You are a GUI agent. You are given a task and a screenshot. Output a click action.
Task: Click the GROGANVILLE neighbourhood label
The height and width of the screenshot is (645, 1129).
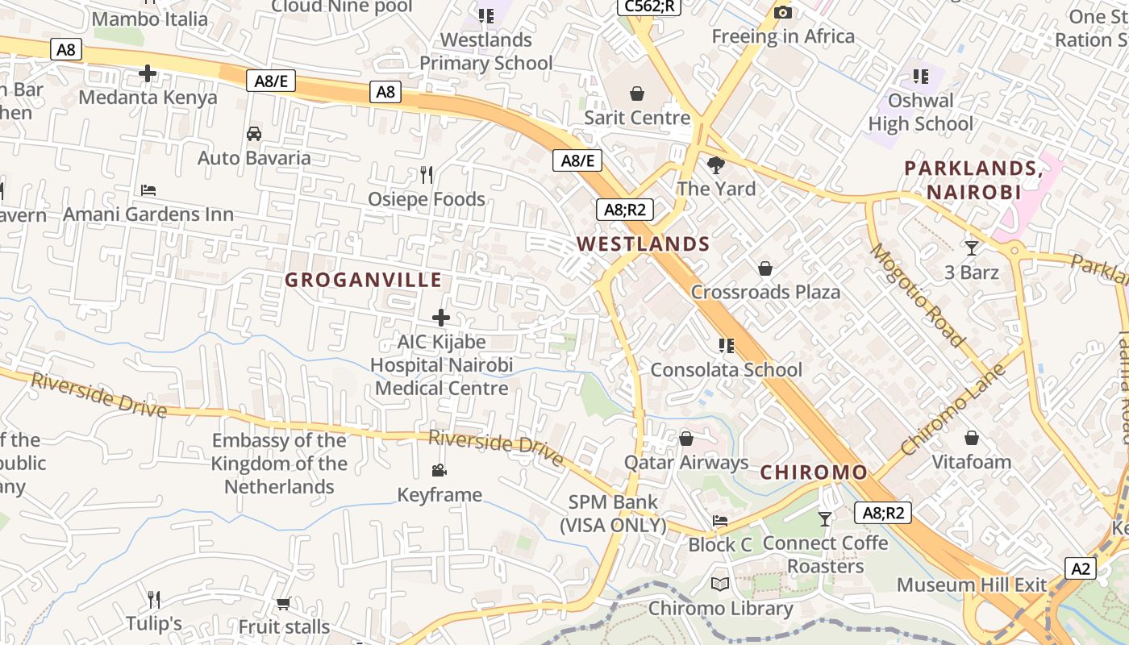[364, 280]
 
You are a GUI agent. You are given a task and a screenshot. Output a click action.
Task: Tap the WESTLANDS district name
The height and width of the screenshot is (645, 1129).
[643, 243]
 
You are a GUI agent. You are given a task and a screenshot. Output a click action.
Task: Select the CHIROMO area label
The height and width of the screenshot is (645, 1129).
[814, 472]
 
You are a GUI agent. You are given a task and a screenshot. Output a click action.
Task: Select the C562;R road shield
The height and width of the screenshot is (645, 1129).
[649, 6]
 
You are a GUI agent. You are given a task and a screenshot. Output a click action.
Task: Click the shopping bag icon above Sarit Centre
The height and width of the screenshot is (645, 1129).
[637, 94]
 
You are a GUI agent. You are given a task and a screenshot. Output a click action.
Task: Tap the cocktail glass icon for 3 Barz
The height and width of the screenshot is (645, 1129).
[971, 248]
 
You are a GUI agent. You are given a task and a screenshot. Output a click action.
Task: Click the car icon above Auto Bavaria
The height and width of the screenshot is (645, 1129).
[254, 134]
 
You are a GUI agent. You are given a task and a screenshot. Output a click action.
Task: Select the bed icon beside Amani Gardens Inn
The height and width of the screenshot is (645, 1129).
[148, 190]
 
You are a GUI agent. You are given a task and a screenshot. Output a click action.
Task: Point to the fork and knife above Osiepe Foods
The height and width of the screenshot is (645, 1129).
[427, 174]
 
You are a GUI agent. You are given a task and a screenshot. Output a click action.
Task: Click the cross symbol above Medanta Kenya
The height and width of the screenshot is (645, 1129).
[148, 74]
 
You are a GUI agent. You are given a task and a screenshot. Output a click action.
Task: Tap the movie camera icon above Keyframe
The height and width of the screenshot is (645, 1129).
[439, 470]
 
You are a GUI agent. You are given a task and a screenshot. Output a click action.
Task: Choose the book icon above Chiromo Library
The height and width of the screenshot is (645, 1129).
[720, 585]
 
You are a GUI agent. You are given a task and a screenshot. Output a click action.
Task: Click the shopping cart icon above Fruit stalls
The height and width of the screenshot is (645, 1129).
[283, 603]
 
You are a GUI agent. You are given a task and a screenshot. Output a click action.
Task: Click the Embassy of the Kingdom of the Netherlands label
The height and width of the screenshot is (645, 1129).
[279, 464]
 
